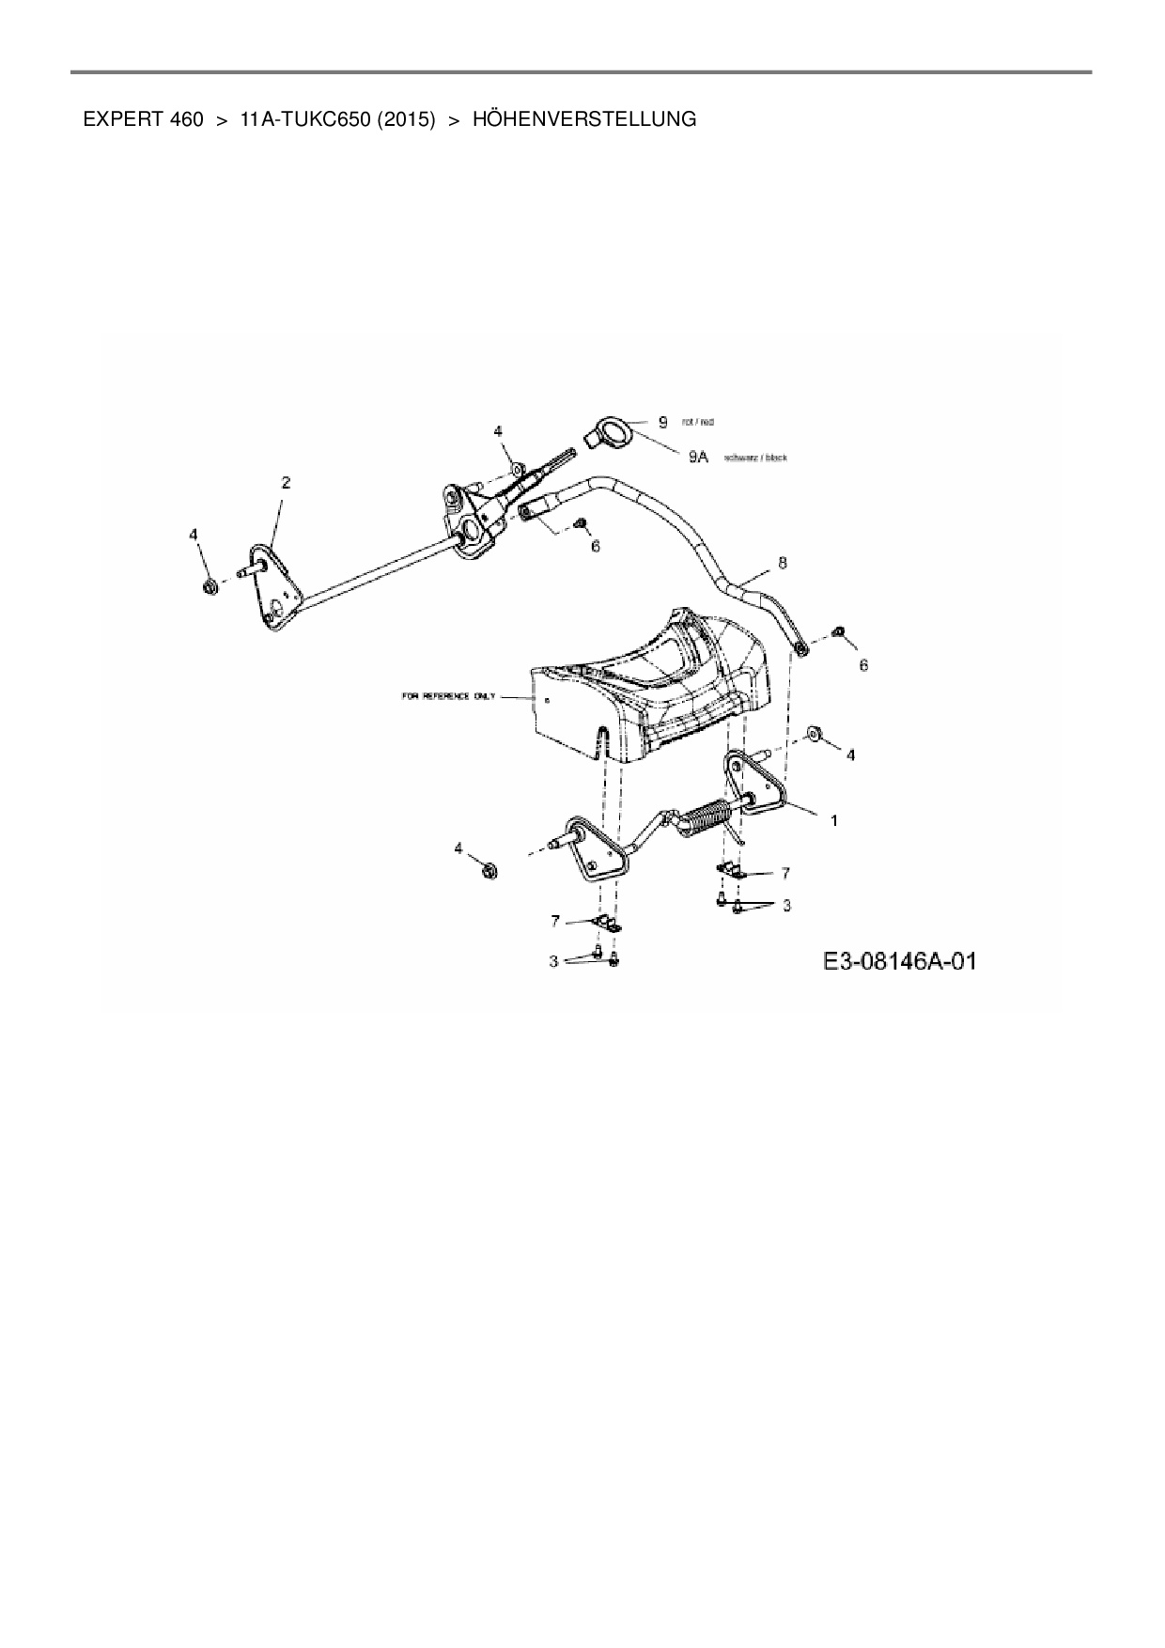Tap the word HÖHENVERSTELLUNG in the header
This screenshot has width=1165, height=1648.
pos(584,119)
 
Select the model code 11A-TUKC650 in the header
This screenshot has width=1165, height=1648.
pos(306,119)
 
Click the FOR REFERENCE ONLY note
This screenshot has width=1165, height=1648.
pos(448,697)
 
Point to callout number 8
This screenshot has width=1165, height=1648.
pos(782,563)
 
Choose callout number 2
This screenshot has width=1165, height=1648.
pos(286,483)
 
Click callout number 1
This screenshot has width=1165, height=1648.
pos(832,820)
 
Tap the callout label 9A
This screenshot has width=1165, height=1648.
pos(698,457)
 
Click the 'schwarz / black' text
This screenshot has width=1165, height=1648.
pos(755,458)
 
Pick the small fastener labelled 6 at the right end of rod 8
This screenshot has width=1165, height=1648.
pos(841,630)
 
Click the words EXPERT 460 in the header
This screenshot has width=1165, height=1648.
pos(143,119)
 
